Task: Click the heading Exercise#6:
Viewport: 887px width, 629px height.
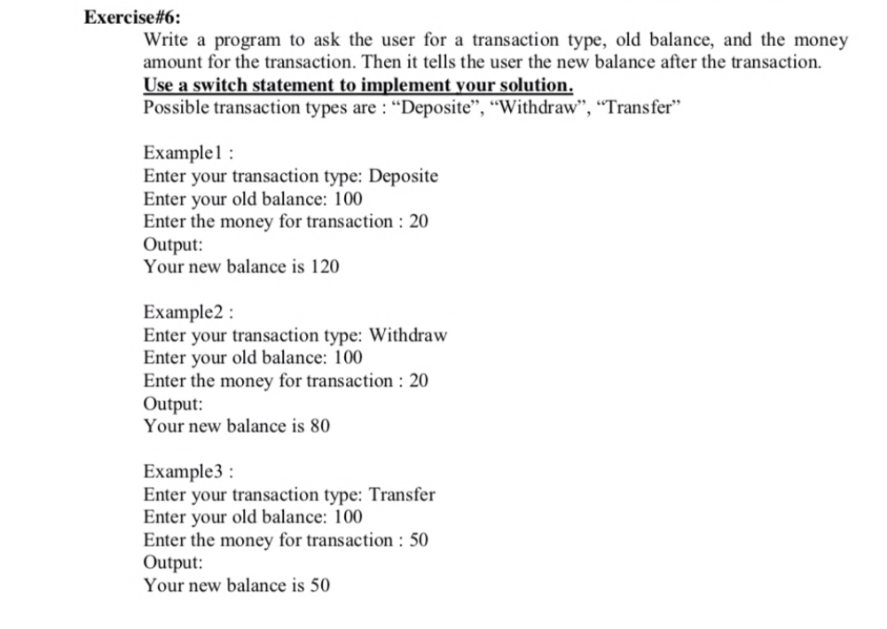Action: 125,17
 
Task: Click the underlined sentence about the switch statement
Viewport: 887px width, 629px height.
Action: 357,85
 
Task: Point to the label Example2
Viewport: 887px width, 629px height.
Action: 184,312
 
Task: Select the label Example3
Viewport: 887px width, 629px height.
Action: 184,472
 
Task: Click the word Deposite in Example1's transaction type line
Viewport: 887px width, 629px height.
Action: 403,176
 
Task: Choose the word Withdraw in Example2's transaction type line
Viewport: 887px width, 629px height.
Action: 407,335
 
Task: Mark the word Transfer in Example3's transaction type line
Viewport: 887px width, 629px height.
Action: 402,495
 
